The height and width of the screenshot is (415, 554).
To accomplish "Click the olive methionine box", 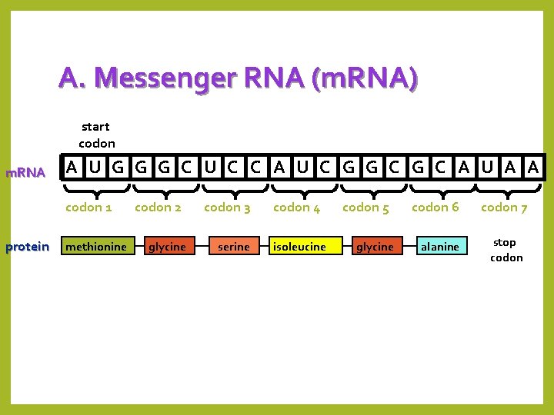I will coord(96,247).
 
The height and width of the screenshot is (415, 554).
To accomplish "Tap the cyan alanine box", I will coord(440,247).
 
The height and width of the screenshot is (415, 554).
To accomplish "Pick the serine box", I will coord(233,247).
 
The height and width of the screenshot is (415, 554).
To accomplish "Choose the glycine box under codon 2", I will coord(167,247).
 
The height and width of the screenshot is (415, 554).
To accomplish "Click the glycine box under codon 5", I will coord(375,247).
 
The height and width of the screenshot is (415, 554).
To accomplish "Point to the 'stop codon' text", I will coord(506,250).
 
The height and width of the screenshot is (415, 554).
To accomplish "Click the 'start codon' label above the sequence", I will coord(96,134).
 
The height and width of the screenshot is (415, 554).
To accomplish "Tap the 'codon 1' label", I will coord(88,207).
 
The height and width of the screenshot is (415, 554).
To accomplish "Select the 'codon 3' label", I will coord(227,207).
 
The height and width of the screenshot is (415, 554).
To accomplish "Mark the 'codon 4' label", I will coord(296,207).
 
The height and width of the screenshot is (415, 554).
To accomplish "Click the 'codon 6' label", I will coord(435,207).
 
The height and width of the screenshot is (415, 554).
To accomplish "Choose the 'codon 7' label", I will coord(504,207).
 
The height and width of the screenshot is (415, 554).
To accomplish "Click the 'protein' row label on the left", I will coord(27,247).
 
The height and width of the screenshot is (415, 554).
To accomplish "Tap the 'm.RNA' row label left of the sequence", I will coord(25,172).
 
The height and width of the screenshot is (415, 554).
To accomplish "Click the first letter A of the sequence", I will coord(72,167).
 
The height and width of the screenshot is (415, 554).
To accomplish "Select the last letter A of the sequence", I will coord(532,167).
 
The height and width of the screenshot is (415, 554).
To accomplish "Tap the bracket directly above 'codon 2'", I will coord(158,189).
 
